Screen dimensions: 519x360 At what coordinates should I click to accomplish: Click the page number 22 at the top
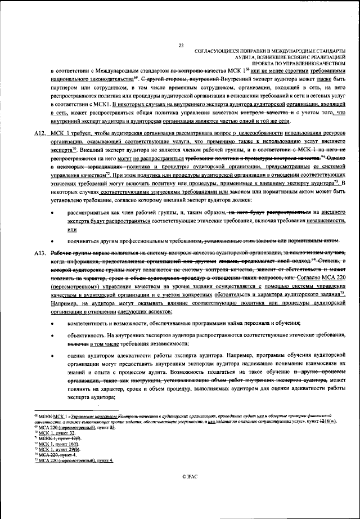pyautogui.click(x=181, y=46)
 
